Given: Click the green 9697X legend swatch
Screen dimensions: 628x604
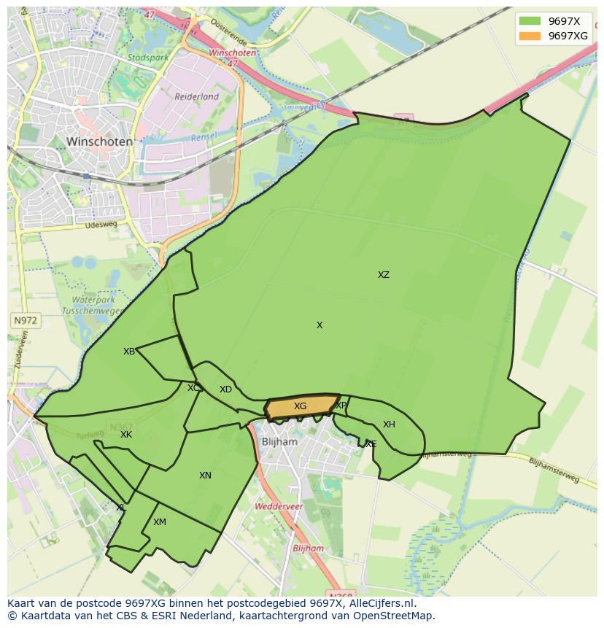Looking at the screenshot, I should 530,21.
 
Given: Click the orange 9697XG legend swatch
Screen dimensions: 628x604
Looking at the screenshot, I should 530,36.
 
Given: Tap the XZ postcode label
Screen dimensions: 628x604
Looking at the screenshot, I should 383,275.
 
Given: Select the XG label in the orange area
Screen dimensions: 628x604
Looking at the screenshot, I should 300,406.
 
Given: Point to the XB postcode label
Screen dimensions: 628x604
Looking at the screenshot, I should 129,352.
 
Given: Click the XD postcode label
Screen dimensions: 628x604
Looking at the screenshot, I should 225,389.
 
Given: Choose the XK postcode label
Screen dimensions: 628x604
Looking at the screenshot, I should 126,435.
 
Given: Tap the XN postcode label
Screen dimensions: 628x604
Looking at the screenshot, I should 205,476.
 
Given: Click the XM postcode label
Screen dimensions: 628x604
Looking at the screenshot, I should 160,522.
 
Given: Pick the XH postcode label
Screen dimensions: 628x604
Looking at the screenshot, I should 389,425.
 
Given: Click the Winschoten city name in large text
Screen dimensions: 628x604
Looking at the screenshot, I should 99,142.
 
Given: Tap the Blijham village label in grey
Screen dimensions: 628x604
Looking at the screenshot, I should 280,442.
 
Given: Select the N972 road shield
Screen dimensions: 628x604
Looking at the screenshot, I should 25,320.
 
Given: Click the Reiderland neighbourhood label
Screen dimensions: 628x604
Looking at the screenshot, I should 196,96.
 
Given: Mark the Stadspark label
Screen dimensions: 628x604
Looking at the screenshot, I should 148,57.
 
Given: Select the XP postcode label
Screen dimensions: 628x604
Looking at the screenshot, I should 341,406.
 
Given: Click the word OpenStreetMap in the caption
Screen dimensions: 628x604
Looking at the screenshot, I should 395,616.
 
